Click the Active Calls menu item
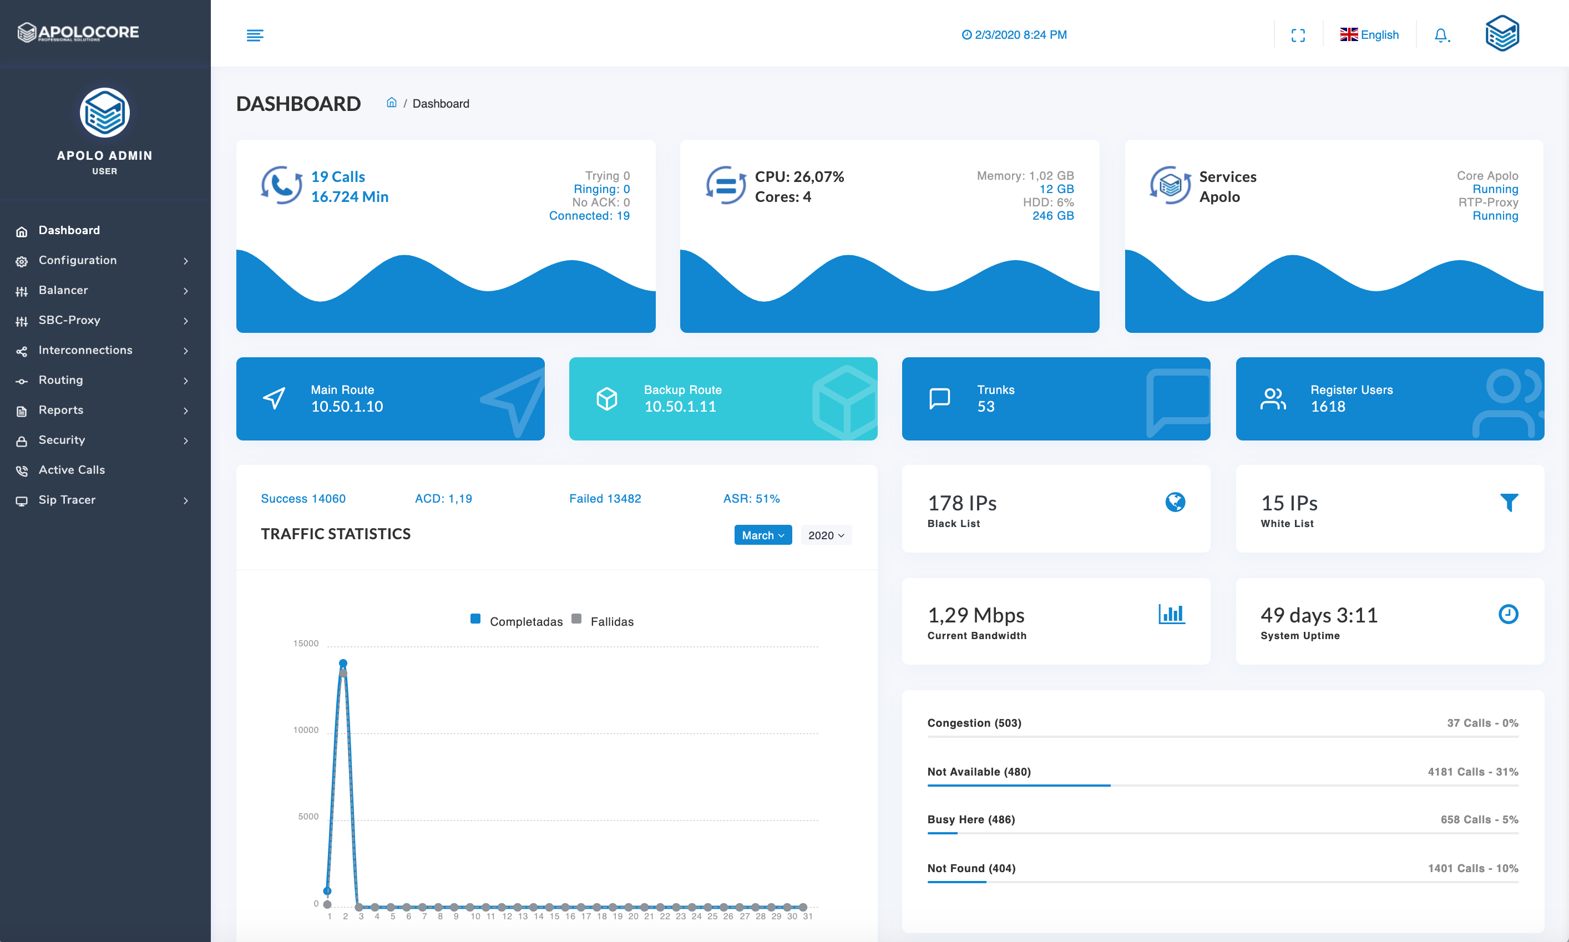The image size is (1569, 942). tap(71, 470)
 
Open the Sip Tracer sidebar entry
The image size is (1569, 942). tap(67, 499)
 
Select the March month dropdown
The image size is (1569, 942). tap(762, 535)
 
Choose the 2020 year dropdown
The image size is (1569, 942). tap(825, 535)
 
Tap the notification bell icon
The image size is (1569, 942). tap(1441, 35)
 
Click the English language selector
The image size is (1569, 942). tap(1369, 35)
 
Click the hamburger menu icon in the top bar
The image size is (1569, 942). tap(255, 35)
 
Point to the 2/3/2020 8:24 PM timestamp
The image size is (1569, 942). tap(1014, 35)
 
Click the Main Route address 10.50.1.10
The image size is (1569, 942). tap(347, 406)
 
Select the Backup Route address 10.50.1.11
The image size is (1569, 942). tap(680, 406)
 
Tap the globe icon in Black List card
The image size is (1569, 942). tap(1175, 502)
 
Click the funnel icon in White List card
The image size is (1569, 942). tap(1509, 502)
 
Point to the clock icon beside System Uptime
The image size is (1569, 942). tap(1508, 614)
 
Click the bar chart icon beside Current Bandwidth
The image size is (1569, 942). tap(1171, 614)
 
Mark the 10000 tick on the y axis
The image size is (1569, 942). tap(306, 730)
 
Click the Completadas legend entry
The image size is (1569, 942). tap(525, 621)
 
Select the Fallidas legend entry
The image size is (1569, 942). tap(611, 621)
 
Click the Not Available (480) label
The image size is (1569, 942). tap(979, 772)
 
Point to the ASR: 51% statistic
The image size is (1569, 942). tap(751, 498)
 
